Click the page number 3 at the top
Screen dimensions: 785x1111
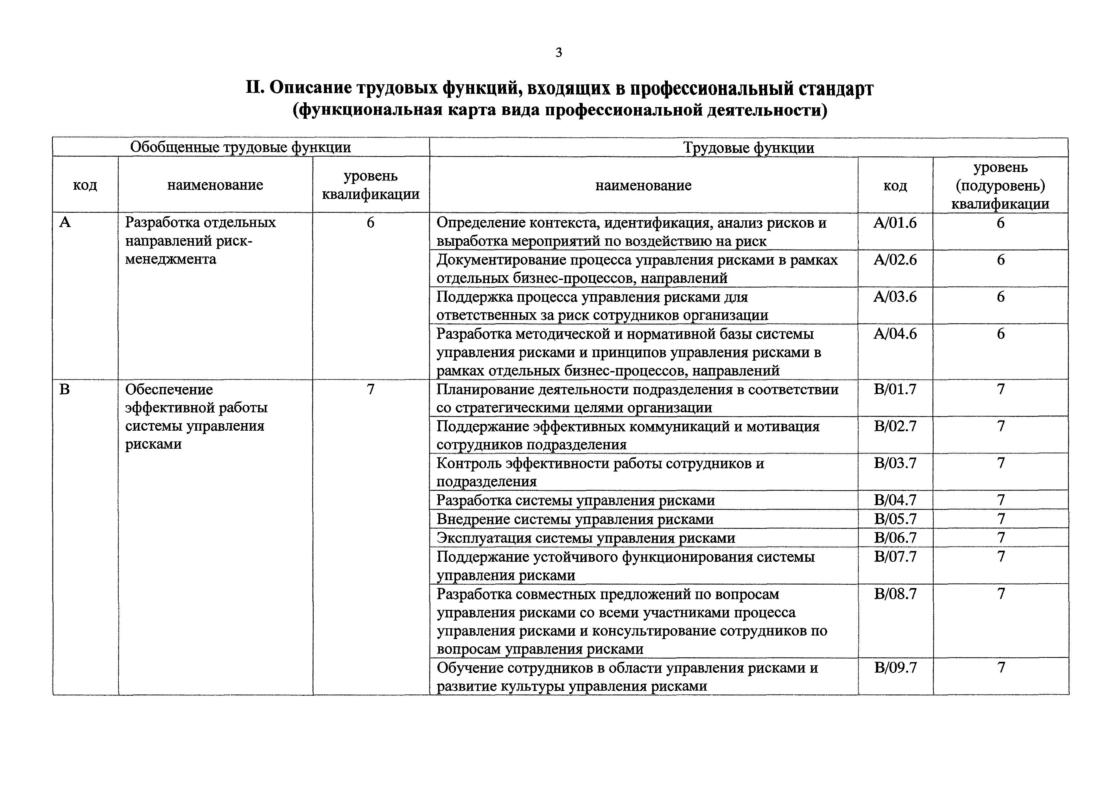coord(558,53)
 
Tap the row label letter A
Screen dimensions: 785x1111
coord(65,223)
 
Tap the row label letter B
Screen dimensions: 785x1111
coord(64,390)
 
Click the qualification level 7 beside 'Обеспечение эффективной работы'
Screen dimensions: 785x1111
coord(370,390)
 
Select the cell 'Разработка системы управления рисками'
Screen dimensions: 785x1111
coord(575,500)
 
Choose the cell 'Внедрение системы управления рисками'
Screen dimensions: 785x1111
coord(575,519)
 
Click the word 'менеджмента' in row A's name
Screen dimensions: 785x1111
coord(170,260)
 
